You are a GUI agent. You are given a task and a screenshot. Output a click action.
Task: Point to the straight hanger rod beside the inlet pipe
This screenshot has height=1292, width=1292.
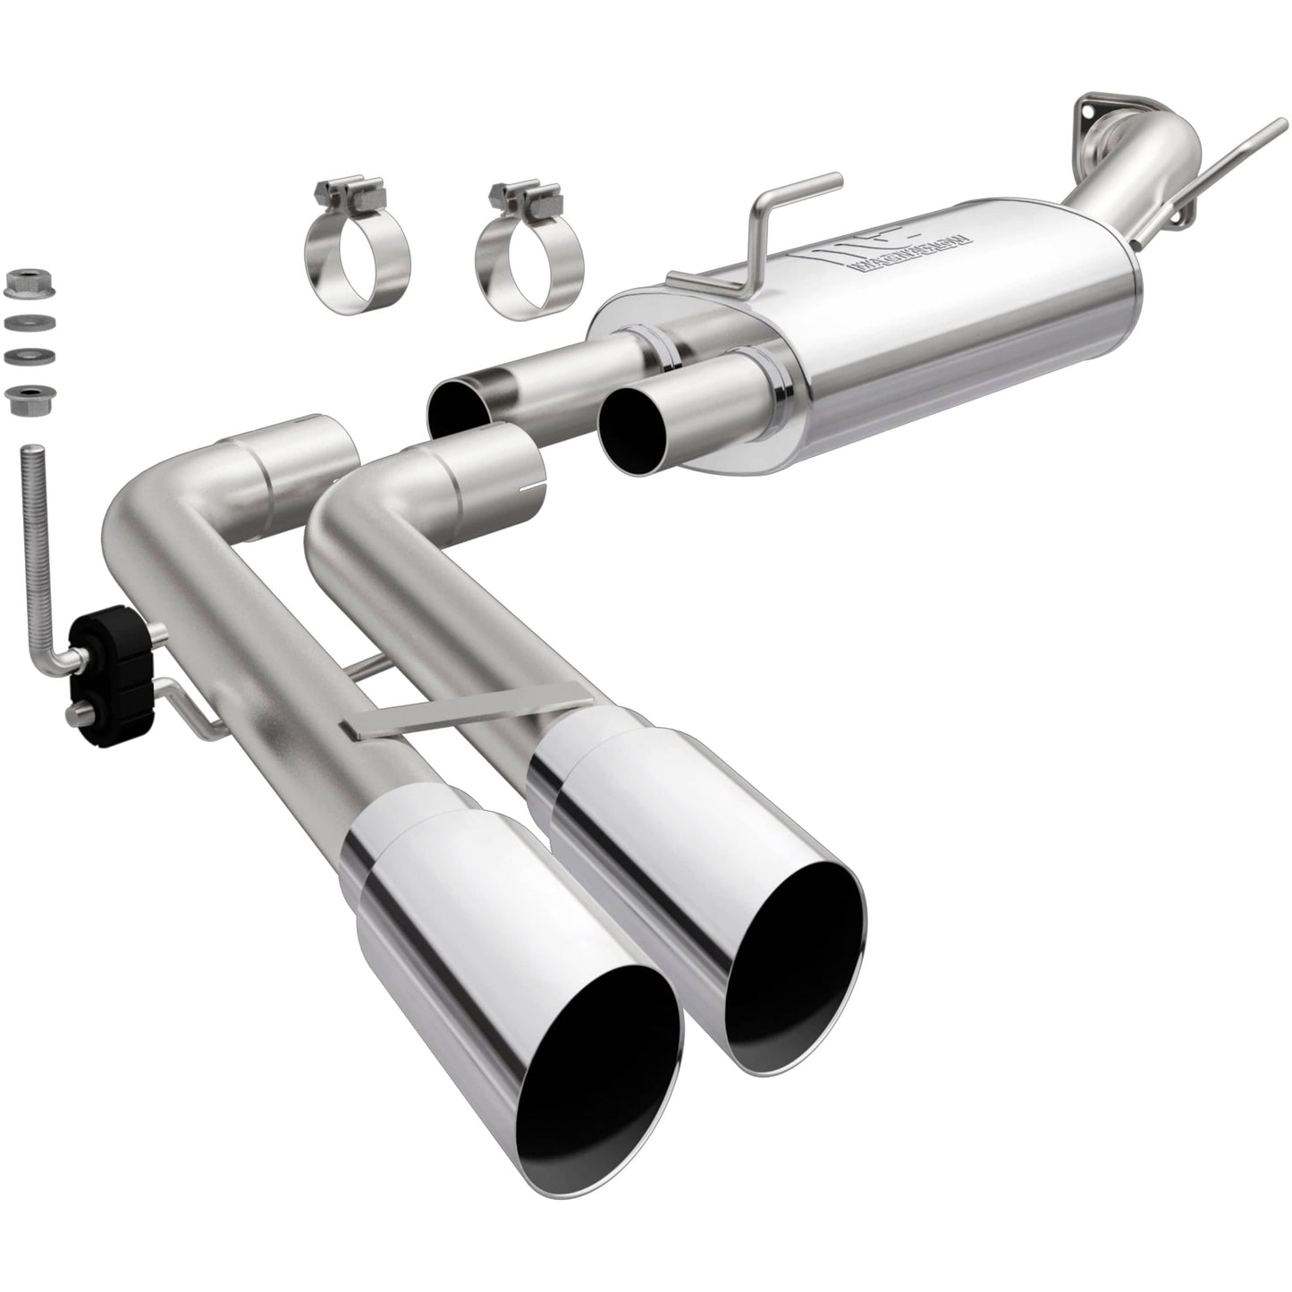coord(1238,152)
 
